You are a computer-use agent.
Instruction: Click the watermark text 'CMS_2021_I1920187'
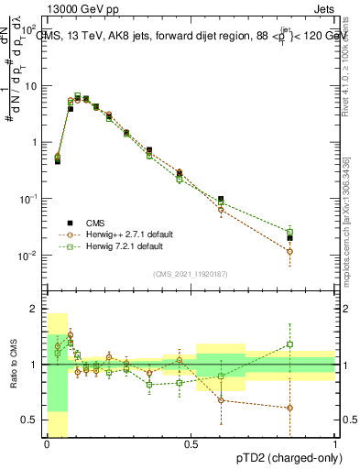191,273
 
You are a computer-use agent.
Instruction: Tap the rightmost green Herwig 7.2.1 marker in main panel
289,231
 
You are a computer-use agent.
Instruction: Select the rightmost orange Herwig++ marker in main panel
289,251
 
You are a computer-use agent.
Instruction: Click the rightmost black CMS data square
289,238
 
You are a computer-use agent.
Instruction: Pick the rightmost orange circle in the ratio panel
289,408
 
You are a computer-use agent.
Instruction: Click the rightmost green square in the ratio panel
289,344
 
